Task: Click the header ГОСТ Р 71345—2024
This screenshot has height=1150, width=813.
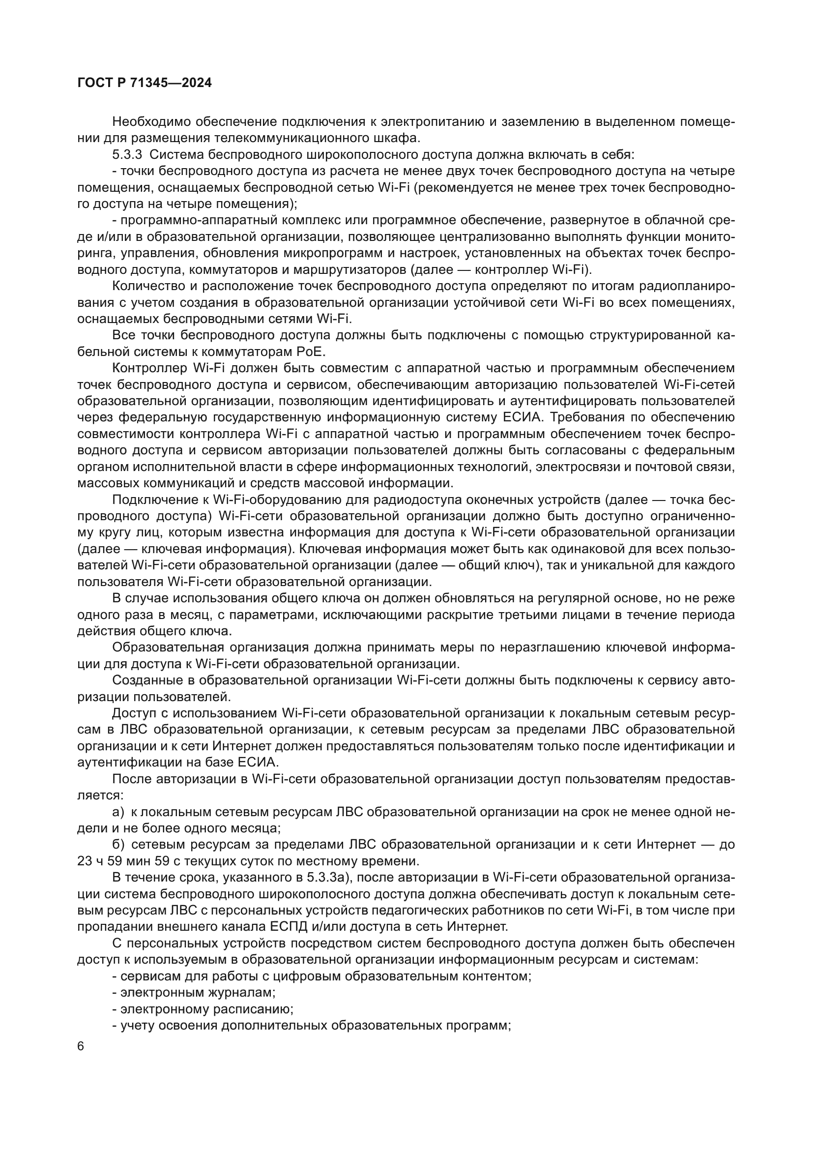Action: point(145,83)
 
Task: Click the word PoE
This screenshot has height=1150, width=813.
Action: point(313,352)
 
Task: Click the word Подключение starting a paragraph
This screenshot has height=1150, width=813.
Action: point(153,500)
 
